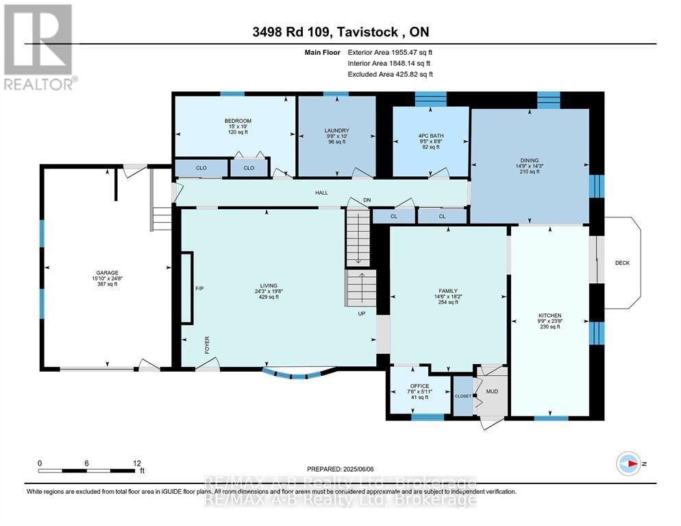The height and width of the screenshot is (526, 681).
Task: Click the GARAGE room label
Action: tap(106, 272)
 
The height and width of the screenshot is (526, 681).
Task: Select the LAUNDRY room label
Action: tap(336, 130)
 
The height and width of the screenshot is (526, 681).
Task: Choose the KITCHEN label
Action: tap(549, 315)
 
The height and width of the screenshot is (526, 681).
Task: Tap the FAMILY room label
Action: tap(448, 290)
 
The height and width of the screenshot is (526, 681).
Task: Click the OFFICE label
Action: tap(419, 385)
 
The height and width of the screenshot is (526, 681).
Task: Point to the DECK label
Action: tap(621, 263)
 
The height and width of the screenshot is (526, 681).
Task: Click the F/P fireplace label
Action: tap(199, 289)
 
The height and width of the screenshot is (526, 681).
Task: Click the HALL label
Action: tap(321, 193)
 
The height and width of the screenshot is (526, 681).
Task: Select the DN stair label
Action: tap(367, 200)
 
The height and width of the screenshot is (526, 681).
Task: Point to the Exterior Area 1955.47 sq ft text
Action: tap(390, 52)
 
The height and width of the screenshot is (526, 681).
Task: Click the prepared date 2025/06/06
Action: tap(340, 468)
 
